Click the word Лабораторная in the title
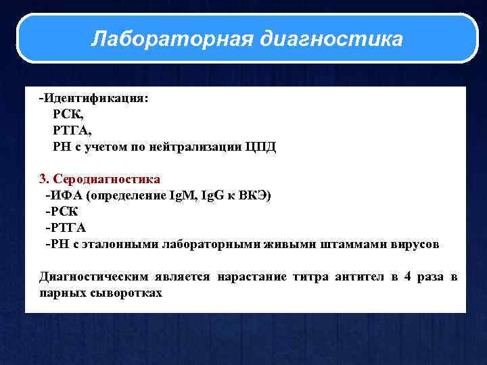click(x=171, y=39)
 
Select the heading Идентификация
click(x=95, y=98)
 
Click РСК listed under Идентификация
click(x=68, y=114)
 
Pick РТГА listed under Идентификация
click(x=72, y=130)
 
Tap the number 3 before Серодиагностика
click(x=43, y=179)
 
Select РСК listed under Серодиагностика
click(x=63, y=212)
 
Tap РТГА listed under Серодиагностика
click(x=67, y=228)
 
